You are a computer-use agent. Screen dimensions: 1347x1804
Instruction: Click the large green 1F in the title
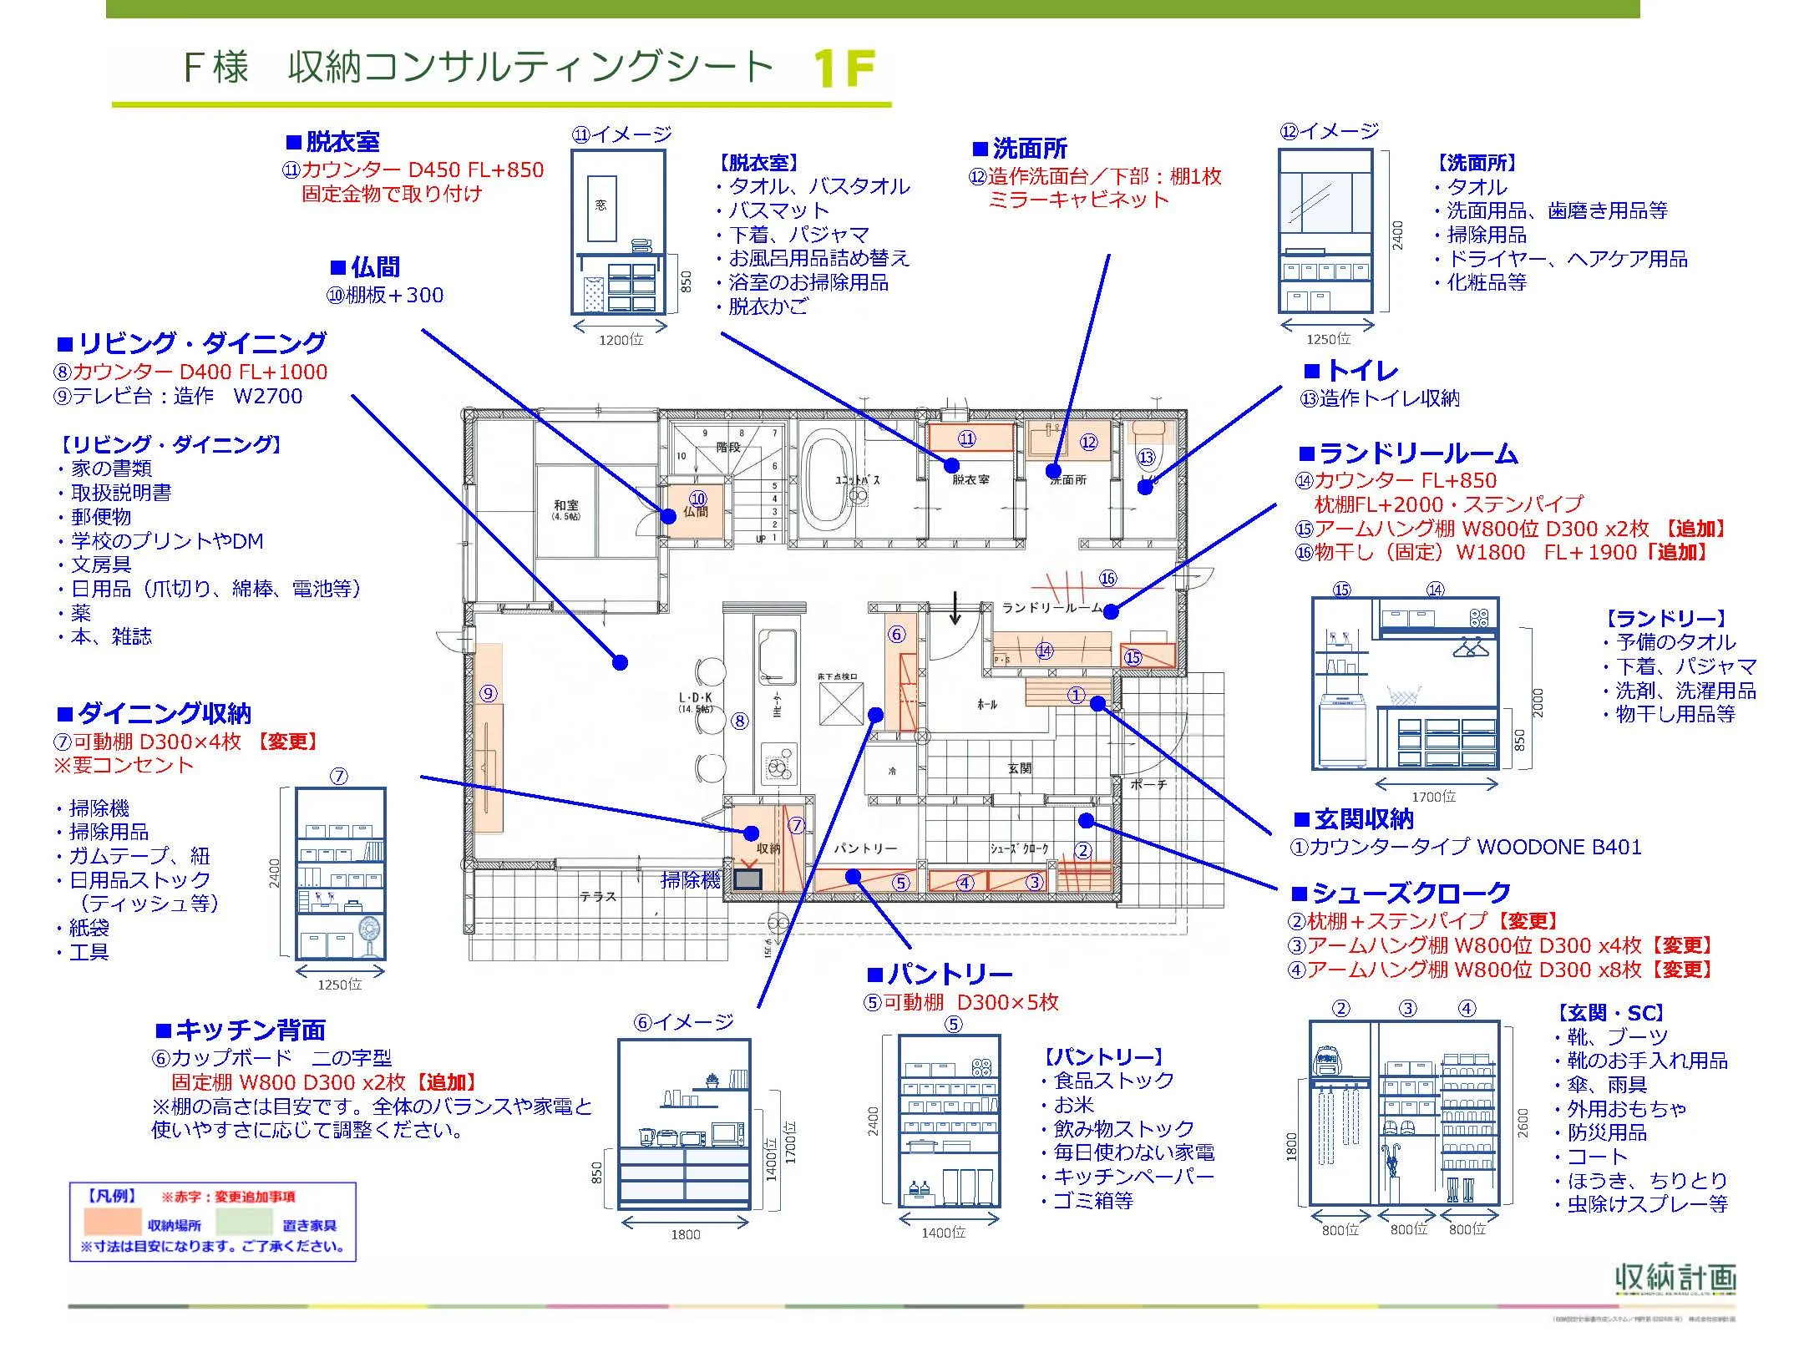click(x=844, y=68)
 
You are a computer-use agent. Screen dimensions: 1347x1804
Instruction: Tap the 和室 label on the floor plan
click(x=565, y=505)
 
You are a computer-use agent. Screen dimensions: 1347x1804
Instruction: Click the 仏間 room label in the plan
click(x=696, y=512)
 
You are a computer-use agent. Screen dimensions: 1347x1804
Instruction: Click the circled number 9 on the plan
click(x=489, y=693)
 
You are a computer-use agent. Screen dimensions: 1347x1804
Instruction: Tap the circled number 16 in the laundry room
click(x=1107, y=578)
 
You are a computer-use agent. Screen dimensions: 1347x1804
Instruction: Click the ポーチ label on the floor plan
click(x=1148, y=784)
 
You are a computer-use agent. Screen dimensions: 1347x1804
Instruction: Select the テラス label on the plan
click(x=598, y=896)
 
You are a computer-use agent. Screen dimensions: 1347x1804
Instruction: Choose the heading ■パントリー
click(x=940, y=974)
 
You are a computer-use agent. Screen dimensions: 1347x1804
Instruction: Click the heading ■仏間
click(x=365, y=267)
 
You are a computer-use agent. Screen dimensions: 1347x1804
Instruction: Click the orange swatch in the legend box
click(x=112, y=1223)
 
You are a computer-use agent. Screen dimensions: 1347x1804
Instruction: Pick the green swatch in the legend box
click(x=244, y=1223)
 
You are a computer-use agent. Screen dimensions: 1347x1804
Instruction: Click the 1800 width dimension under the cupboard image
click(x=685, y=1234)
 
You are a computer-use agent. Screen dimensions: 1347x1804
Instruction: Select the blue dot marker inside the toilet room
click(x=1145, y=487)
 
